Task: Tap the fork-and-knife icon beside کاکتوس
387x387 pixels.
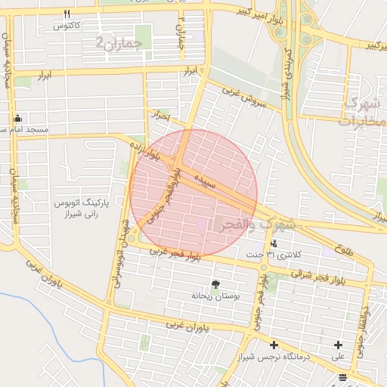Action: (67, 14)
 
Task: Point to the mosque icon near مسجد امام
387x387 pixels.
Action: (18, 119)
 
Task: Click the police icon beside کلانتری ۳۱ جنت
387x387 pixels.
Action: (273, 244)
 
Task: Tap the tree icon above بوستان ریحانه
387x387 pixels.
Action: (217, 284)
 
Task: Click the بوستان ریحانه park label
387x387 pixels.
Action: (215, 296)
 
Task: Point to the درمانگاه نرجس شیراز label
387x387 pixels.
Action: (273, 357)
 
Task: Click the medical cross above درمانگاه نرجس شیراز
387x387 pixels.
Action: (274, 345)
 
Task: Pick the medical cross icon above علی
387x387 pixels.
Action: (338, 345)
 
